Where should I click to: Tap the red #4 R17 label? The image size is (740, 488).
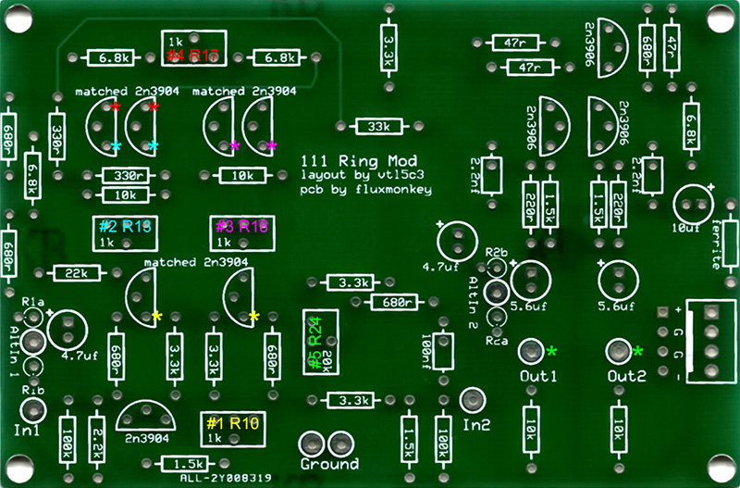[x=192, y=56]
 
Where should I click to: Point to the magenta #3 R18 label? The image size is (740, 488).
[x=241, y=226]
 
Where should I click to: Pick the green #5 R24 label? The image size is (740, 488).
[x=314, y=343]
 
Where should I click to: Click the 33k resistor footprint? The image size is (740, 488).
[x=377, y=126]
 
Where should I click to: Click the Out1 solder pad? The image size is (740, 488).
[x=530, y=351]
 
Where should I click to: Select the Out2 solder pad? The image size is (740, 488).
[x=618, y=351]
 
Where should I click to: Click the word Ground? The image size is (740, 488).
[x=328, y=463]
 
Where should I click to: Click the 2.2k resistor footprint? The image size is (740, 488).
[x=96, y=435]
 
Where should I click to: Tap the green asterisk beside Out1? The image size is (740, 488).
[x=552, y=351]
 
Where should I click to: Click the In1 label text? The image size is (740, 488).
[x=28, y=431]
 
